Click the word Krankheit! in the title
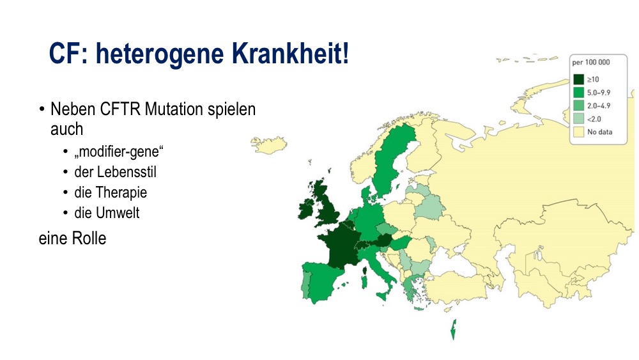click(290, 54)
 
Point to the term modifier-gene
click(119, 152)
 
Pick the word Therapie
click(121, 192)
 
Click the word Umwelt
click(118, 212)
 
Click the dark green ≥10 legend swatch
click(579, 79)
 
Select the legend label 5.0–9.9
click(599, 93)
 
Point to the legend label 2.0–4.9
click(599, 106)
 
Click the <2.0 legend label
click(594, 119)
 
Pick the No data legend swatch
click(579, 132)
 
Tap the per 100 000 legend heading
click(591, 63)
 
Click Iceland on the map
click(268, 145)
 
